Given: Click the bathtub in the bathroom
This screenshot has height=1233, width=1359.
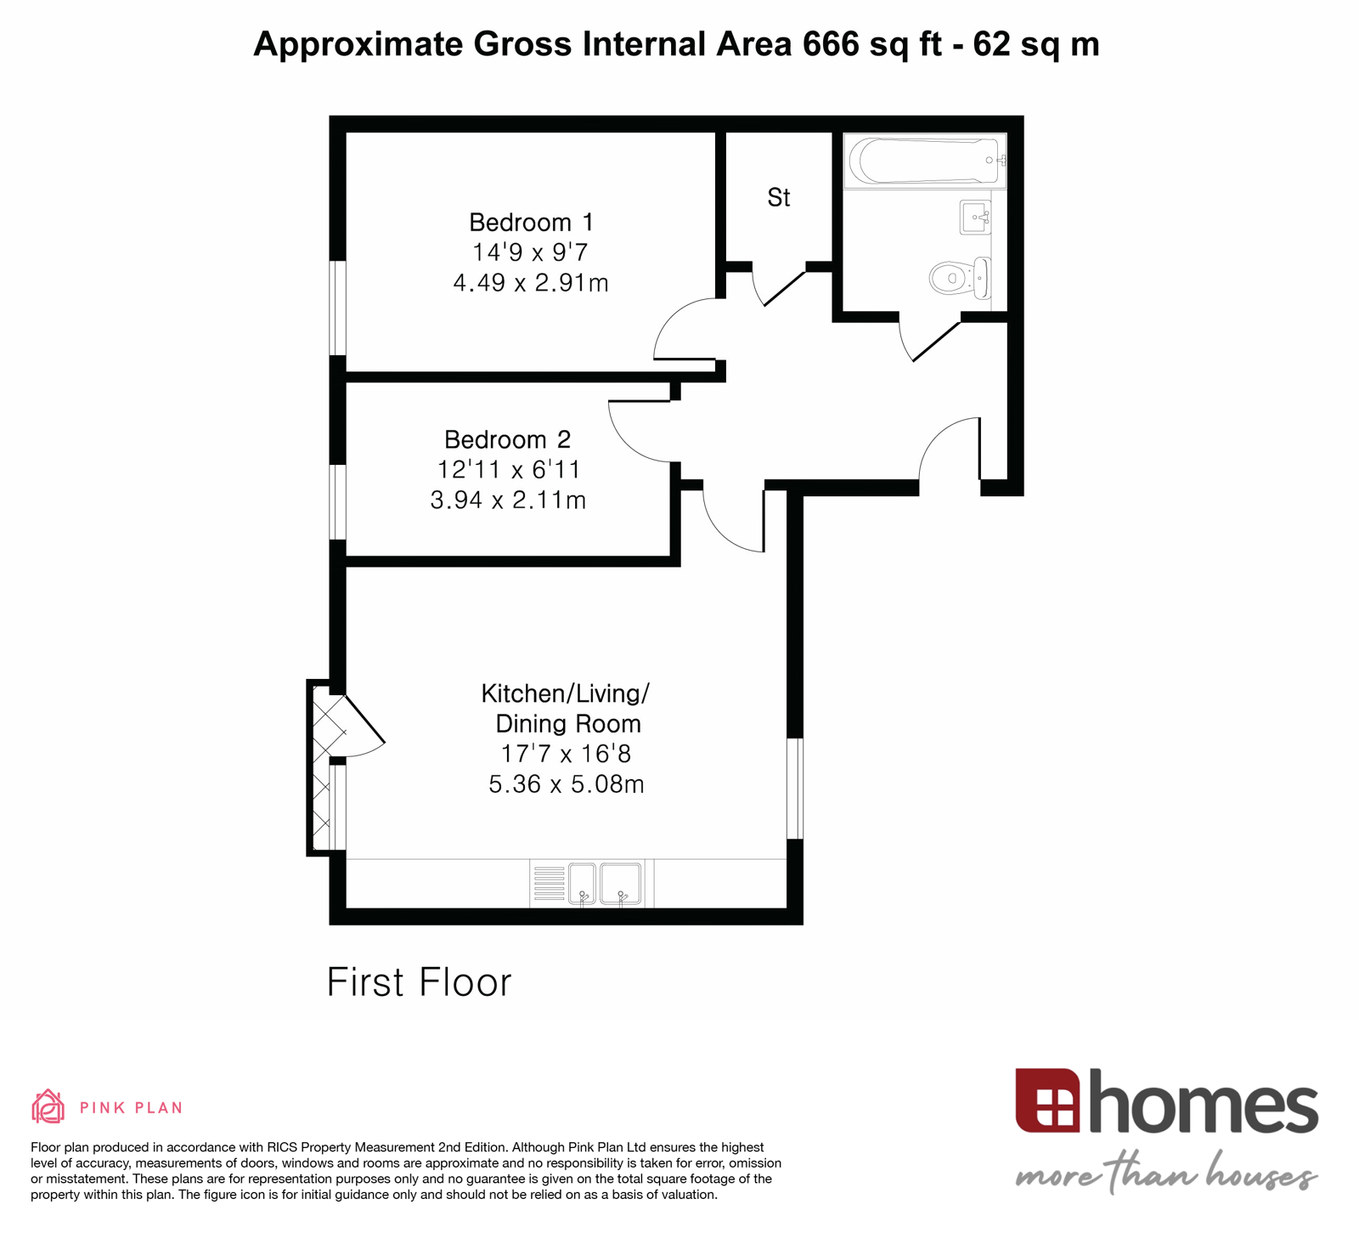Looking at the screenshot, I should [x=926, y=161].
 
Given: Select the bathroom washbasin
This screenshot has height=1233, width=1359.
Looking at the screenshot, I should [x=975, y=218].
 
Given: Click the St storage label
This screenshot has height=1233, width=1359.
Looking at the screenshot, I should [x=778, y=197].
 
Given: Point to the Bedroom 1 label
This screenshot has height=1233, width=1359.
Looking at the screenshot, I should [x=531, y=223].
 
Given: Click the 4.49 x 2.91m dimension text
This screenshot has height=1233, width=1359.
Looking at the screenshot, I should [x=531, y=283].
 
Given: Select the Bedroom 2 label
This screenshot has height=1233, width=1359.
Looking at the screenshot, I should [x=508, y=439].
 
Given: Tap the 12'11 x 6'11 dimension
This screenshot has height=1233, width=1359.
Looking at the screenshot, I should [x=508, y=470].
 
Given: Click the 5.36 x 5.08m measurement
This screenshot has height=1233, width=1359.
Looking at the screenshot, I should [x=566, y=783].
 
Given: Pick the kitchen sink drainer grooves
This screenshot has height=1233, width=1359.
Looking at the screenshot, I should [x=549, y=884].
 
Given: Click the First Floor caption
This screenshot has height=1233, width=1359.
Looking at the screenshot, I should [x=419, y=982].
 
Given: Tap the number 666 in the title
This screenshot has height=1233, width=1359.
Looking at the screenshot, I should [x=831, y=44].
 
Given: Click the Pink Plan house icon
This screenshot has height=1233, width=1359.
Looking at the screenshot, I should [x=48, y=1106].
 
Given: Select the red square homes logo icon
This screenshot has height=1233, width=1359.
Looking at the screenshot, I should [x=1046, y=1100].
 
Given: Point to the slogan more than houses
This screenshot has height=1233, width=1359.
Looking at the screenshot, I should [x=1165, y=1175].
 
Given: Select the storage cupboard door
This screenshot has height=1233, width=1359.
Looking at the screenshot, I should [x=783, y=287].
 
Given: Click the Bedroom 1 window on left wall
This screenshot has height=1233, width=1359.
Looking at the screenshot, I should [x=337, y=308].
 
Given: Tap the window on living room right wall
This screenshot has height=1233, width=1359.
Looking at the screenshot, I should [x=794, y=789].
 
